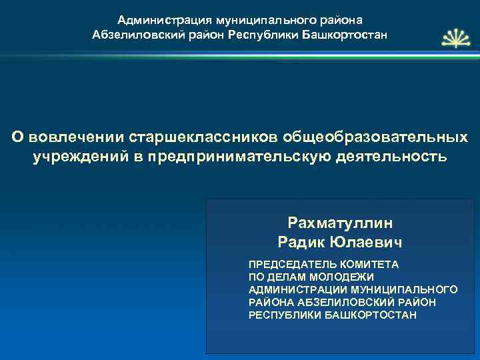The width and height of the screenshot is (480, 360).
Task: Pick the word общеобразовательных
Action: [375, 137]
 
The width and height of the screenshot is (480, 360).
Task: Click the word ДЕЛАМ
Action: [284, 277]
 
